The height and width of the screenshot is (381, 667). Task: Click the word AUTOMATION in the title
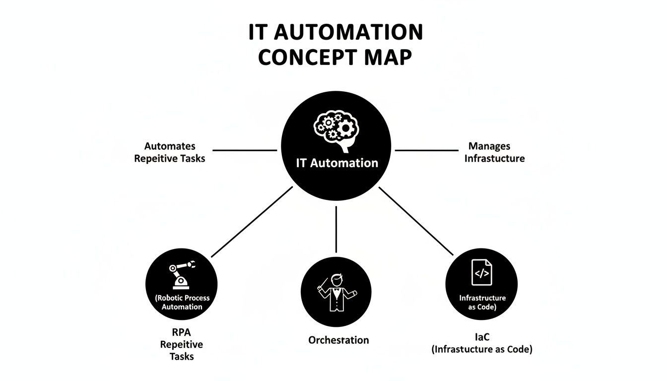348,33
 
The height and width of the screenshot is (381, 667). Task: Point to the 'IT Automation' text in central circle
336,163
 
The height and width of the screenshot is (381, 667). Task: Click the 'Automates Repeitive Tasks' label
169,152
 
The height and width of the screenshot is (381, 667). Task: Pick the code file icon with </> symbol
482,272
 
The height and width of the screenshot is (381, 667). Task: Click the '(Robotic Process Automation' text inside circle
182,302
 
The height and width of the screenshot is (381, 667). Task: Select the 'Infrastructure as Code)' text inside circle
482,302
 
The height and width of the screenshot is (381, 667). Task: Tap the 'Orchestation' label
338,340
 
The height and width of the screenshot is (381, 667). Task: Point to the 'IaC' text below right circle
482,337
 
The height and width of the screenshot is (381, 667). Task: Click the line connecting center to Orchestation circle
336,230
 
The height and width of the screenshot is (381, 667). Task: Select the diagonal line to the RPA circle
252,222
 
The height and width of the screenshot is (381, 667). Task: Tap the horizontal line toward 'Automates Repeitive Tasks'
245,150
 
